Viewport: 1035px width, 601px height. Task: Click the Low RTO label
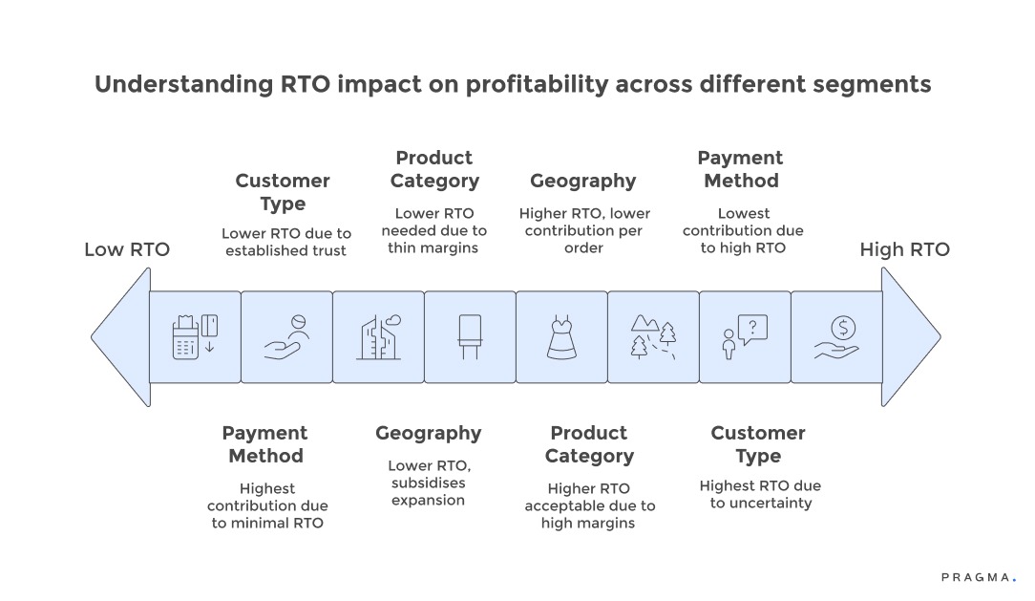click(127, 250)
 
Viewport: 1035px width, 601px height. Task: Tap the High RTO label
click(904, 250)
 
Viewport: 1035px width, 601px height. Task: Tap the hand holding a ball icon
click(286, 337)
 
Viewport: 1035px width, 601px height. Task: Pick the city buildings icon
click(378, 337)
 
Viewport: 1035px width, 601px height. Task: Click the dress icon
click(561, 337)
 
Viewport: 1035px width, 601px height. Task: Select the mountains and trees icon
click(653, 337)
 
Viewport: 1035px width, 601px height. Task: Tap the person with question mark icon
click(745, 337)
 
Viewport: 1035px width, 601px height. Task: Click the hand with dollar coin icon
click(836, 337)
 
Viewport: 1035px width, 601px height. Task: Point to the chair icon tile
click(470, 337)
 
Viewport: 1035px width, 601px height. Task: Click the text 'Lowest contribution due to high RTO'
click(743, 230)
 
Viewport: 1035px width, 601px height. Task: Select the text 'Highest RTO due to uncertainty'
click(759, 494)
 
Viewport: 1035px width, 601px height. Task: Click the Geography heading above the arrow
click(582, 181)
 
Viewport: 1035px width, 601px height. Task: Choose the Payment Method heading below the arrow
click(265, 444)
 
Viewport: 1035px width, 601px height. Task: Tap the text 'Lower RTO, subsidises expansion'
click(428, 483)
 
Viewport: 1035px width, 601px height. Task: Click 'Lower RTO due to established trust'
click(286, 242)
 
